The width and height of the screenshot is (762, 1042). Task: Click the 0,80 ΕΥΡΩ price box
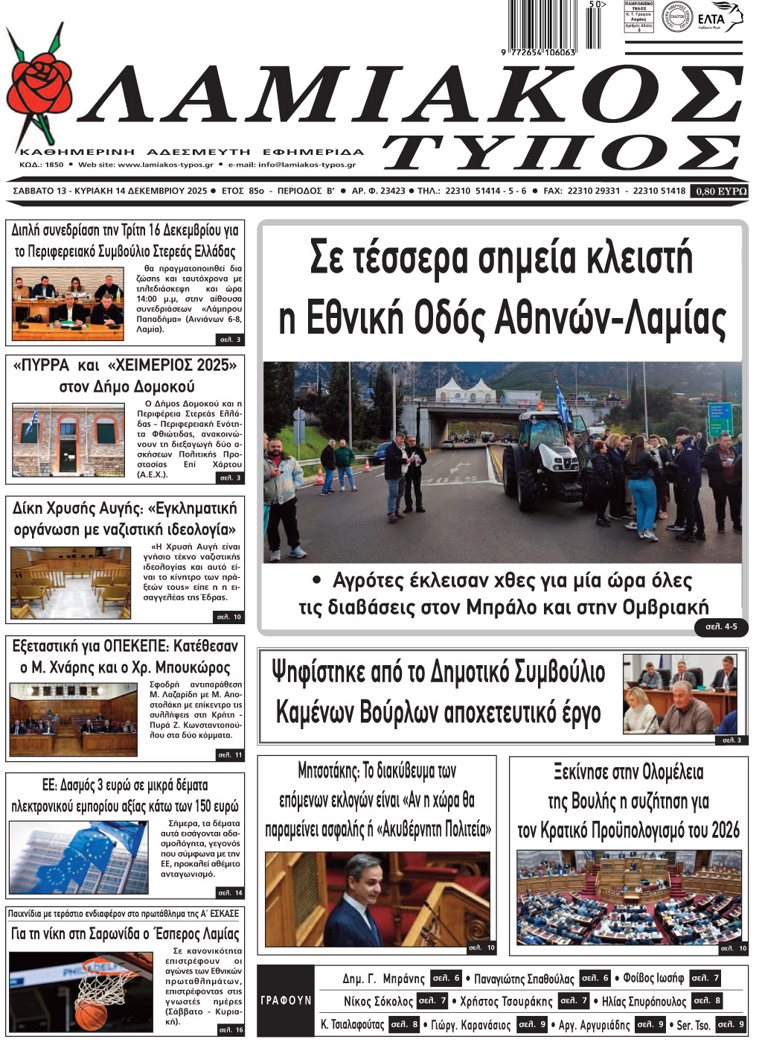click(720, 191)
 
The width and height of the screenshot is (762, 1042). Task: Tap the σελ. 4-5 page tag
click(721, 626)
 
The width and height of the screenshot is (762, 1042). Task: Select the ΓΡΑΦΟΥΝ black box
click(286, 1000)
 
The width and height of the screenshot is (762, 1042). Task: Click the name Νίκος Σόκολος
click(378, 1001)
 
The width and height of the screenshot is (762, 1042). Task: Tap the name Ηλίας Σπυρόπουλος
click(644, 1001)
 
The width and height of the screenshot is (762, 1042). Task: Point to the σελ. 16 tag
click(230, 1029)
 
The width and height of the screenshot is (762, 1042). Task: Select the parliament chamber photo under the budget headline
click(629, 897)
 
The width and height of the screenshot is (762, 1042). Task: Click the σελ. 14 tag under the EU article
click(229, 892)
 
